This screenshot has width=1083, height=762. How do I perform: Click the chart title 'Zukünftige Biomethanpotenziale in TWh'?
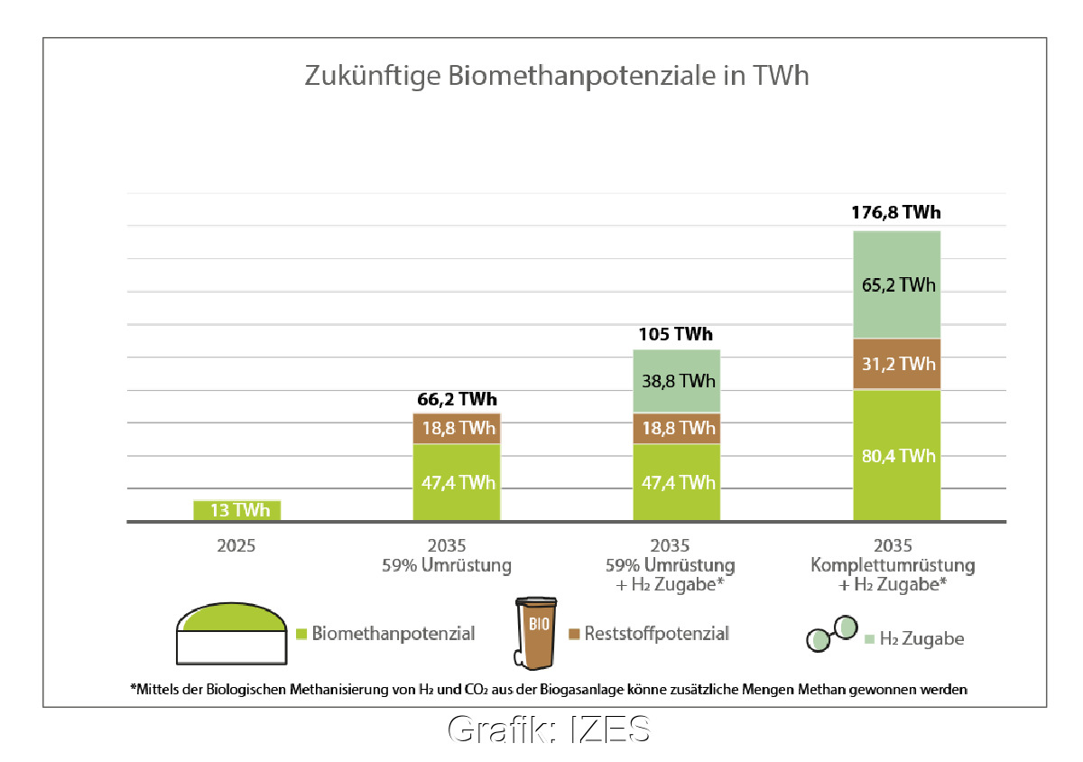(x=557, y=76)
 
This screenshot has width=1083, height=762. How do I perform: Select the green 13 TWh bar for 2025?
(x=238, y=510)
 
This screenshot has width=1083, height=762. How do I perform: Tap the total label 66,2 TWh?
(x=457, y=399)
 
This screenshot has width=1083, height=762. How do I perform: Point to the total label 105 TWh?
(x=676, y=335)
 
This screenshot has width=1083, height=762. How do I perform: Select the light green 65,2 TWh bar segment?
(x=896, y=284)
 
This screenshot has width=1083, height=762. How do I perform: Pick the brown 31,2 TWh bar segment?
(x=896, y=364)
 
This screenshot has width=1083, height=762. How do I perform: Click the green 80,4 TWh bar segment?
(x=896, y=456)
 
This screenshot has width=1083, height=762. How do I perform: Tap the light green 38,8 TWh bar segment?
(x=676, y=380)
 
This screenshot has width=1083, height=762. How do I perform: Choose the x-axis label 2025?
(x=237, y=546)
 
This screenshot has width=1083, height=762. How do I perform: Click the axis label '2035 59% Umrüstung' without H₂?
(x=457, y=556)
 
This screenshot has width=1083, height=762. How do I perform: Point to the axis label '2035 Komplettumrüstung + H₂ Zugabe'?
(x=893, y=566)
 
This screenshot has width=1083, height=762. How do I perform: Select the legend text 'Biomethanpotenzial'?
(x=393, y=634)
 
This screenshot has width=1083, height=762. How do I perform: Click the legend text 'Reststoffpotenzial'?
(x=656, y=634)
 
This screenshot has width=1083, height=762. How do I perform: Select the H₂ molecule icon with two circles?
(x=830, y=634)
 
